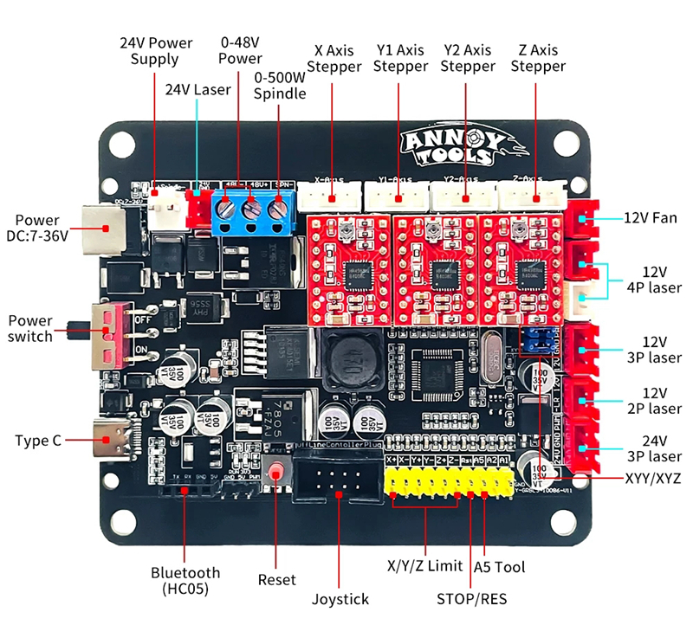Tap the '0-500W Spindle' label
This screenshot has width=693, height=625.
coord(280,85)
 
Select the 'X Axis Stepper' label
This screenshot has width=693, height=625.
coord(334,58)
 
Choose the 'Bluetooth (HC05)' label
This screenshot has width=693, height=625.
coord(185,580)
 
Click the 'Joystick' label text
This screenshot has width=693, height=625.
coord(340,598)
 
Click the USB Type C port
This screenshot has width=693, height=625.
coord(109,440)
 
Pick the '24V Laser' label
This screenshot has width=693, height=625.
coord(198,89)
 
